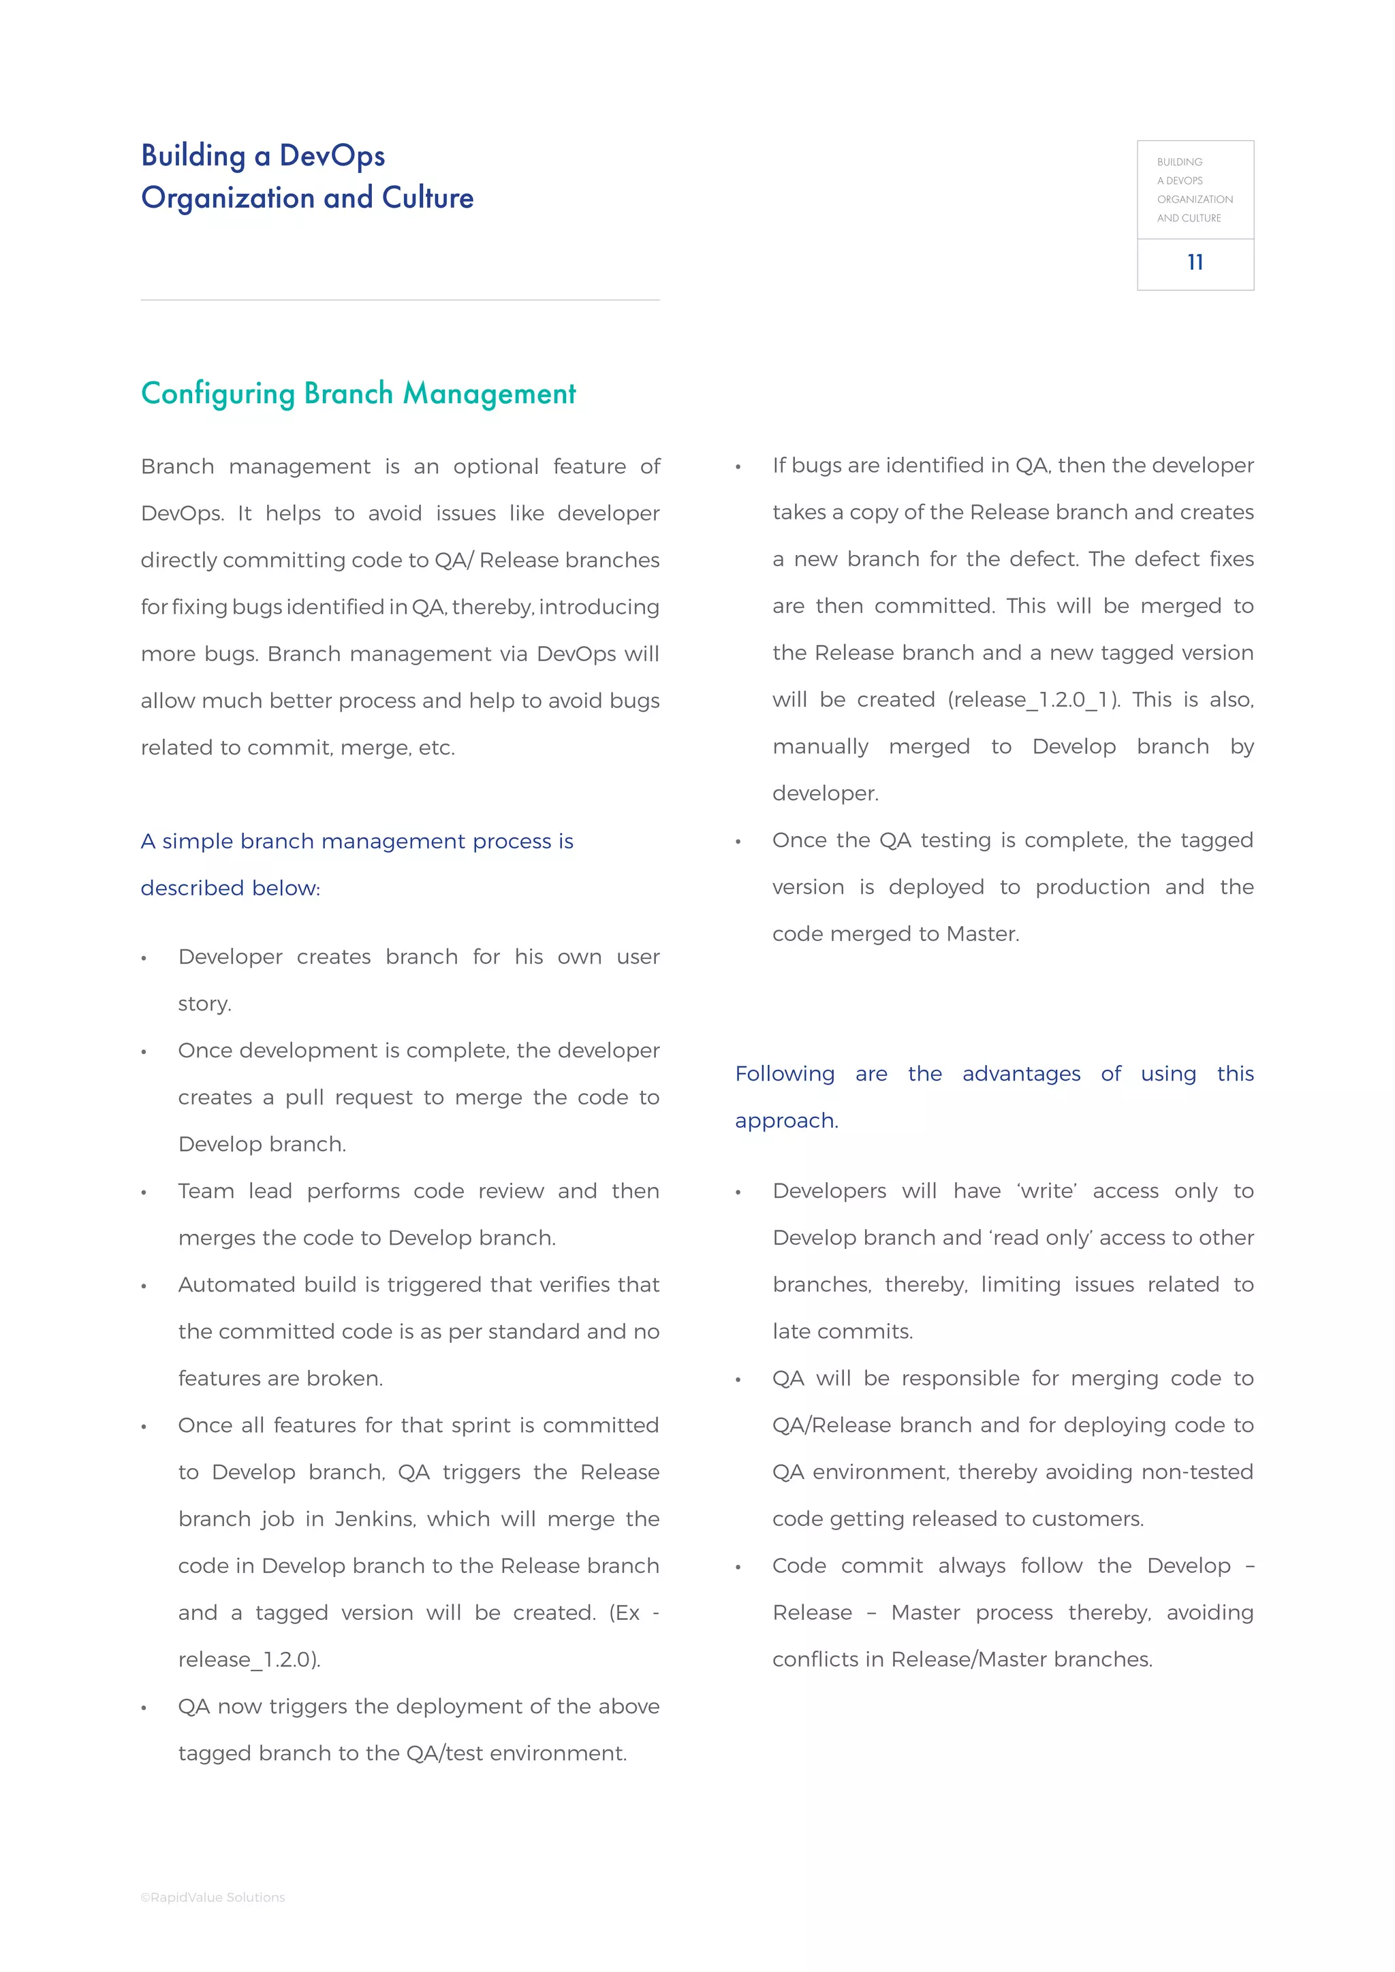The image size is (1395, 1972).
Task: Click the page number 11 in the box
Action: coord(1195,262)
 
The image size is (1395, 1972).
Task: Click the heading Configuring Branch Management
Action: coord(358,394)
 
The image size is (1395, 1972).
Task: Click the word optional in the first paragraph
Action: coord(496,466)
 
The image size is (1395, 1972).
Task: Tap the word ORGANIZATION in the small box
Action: coord(1194,200)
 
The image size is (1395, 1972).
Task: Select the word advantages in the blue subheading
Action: coord(1020,1074)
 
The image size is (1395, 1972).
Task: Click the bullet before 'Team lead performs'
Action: coord(144,1193)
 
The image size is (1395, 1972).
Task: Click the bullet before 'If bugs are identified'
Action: coord(738,467)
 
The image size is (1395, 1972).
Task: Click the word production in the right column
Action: coord(1092,887)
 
